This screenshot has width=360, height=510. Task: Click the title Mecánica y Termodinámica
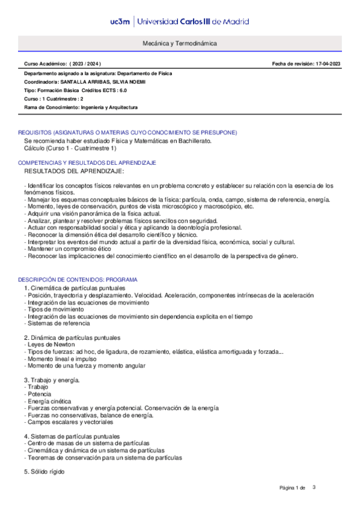(180, 44)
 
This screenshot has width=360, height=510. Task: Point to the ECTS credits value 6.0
(122, 90)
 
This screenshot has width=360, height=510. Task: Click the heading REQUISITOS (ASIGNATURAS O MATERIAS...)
(127, 132)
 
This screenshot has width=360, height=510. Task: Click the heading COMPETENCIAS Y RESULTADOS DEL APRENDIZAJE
(87, 163)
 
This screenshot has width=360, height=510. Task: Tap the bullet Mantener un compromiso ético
(59, 248)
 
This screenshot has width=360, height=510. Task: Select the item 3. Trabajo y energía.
(52, 380)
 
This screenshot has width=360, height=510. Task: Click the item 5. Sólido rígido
(44, 472)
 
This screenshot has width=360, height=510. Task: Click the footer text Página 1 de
(293, 487)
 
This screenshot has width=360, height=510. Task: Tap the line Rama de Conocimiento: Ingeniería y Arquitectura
(81, 107)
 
